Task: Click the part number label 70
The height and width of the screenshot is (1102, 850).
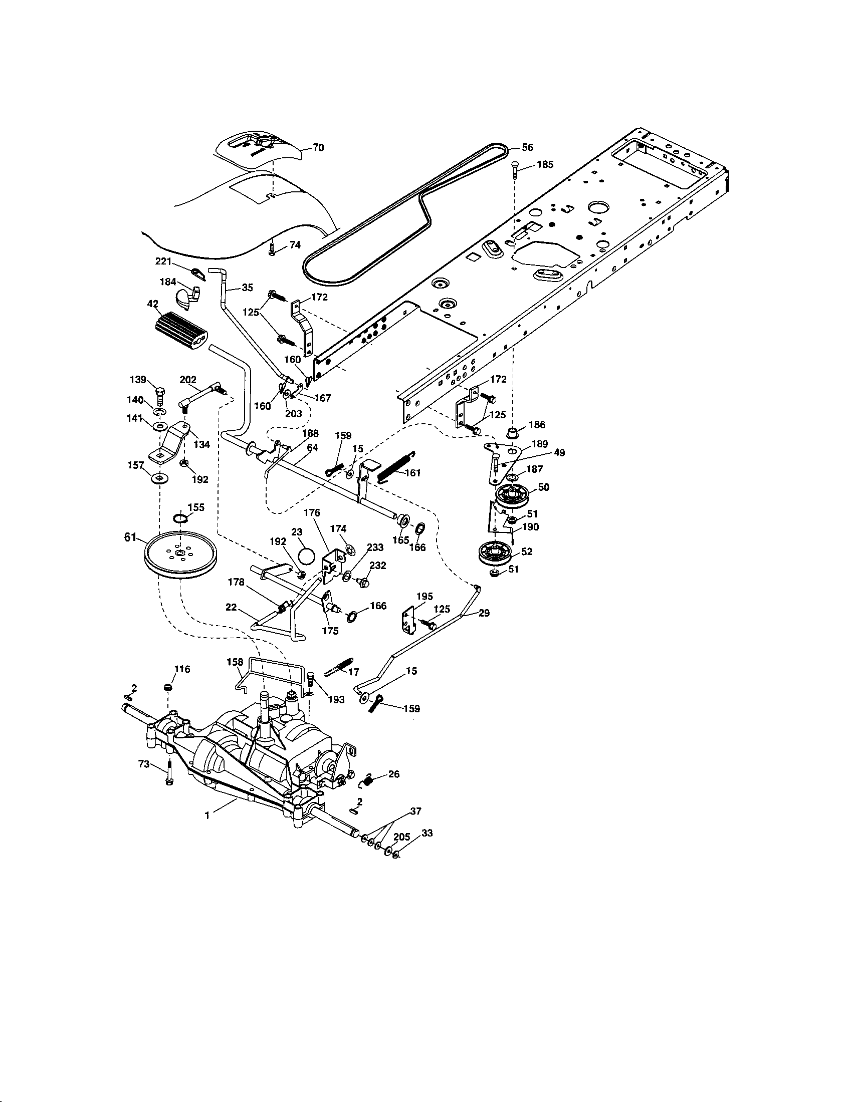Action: point(318,148)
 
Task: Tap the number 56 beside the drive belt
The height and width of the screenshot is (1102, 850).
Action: point(527,148)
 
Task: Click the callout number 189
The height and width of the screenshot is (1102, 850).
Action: point(540,443)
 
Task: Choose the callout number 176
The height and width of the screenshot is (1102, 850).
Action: point(312,512)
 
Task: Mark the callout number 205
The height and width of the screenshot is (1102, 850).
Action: point(401,837)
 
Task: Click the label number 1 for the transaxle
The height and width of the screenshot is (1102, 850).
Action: point(207,814)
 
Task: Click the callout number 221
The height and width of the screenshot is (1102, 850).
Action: point(163,261)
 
